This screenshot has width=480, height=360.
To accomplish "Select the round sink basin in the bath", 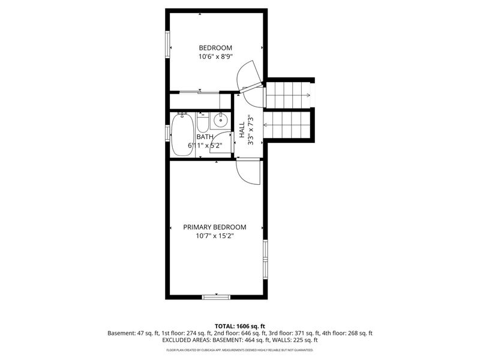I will pyautogui.click(x=221, y=121).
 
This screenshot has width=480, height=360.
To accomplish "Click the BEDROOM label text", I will pyautogui.click(x=215, y=48).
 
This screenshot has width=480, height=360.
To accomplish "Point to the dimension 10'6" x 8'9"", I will pyautogui.click(x=215, y=57).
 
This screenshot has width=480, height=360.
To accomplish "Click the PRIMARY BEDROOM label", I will pyautogui.click(x=215, y=227).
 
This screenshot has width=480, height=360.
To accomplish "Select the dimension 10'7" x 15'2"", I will pyautogui.click(x=215, y=236).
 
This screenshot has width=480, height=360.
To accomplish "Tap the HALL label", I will pyautogui.click(x=242, y=131).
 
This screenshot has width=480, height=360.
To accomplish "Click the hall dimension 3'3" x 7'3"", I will pyautogui.click(x=251, y=131).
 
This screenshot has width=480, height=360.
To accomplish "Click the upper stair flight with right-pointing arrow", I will pyautogui.click(x=289, y=95).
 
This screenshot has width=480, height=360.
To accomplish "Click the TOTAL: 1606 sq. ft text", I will pyautogui.click(x=239, y=326).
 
